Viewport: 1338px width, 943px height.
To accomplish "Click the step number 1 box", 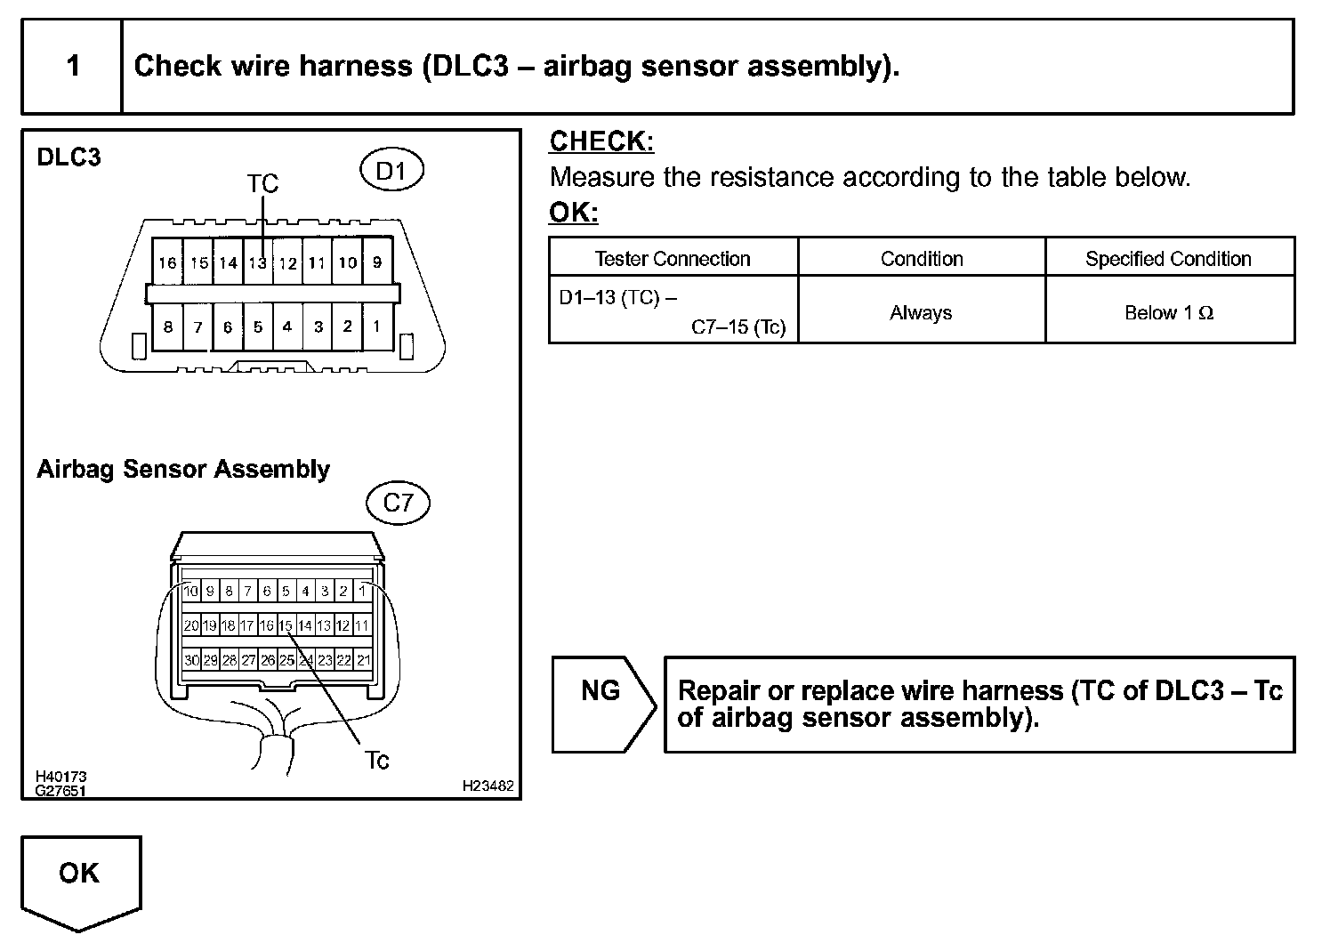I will pos(72,67).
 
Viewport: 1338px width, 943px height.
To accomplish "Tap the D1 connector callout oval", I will pos(391,171).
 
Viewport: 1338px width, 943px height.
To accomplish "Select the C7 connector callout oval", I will pos(398,504).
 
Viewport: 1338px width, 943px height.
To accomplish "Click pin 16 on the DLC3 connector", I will pos(167,262).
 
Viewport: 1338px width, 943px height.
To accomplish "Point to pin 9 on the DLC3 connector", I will pos(377,262).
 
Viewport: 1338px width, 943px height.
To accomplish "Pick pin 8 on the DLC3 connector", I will pos(167,326).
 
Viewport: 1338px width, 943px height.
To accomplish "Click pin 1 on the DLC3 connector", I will pos(377,326).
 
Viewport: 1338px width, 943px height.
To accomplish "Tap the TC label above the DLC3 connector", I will pos(262,183).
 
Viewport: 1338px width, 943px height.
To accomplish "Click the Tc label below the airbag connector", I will pos(377,761).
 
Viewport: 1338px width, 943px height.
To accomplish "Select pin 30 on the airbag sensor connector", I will pos(191,660).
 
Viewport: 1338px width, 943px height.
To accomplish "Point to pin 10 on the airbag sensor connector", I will pos(191,591).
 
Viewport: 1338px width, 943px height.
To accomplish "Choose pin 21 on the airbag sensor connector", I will pos(363,660).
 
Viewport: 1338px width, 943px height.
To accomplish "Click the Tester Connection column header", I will pos(673,259).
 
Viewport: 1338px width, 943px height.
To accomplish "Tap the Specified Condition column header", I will pos(1168,259).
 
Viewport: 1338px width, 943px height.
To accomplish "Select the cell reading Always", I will pos(921,312).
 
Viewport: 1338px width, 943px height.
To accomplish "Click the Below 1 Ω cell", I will pos(1168,312).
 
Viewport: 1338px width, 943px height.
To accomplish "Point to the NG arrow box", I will pos(602,704).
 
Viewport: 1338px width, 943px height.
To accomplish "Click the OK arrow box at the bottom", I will pos(80,876).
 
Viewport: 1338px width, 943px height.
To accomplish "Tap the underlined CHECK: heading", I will pos(601,141).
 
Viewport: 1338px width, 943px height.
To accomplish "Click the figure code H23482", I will pos(488,786).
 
